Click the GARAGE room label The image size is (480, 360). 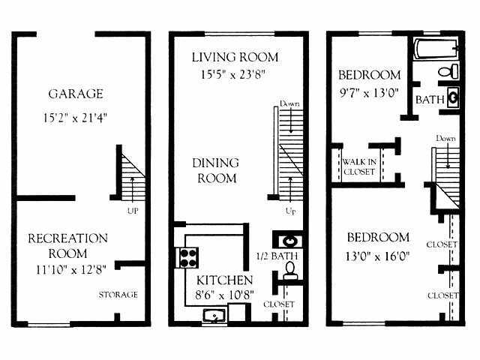pyautogui.click(x=76, y=94)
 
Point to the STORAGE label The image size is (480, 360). pyautogui.click(x=118, y=295)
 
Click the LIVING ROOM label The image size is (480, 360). pyautogui.click(x=235, y=57)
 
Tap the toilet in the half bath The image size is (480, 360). pyautogui.click(x=290, y=272)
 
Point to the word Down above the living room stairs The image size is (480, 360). pyautogui.click(x=289, y=103)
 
